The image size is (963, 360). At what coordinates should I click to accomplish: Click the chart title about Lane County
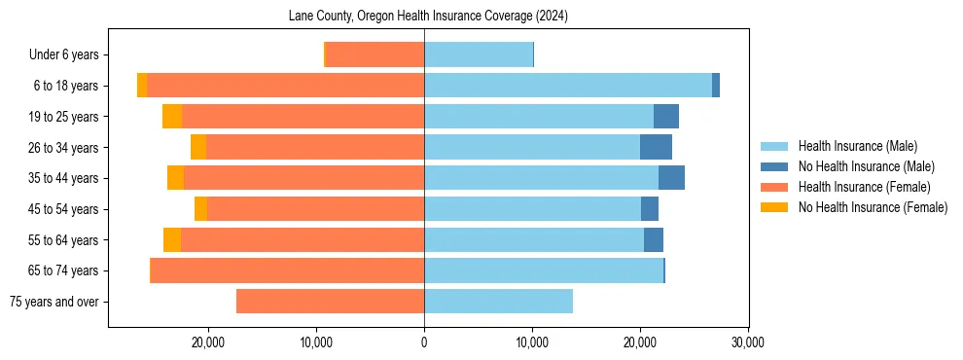tap(428, 17)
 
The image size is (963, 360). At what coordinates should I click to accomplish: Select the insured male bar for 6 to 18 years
tap(568, 86)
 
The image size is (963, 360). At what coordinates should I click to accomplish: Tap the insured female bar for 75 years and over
tap(331, 302)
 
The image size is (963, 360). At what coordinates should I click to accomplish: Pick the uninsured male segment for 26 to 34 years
tap(656, 147)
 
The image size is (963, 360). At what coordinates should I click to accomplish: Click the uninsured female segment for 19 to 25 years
tap(172, 117)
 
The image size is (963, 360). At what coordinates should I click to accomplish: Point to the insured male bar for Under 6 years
tap(479, 54)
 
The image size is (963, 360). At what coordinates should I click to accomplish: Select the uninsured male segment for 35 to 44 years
tap(671, 178)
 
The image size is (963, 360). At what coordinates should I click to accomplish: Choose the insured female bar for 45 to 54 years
tap(316, 209)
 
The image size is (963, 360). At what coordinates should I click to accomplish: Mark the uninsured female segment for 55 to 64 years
tap(172, 239)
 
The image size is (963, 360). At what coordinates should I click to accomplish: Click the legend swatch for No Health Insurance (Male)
tap(774, 166)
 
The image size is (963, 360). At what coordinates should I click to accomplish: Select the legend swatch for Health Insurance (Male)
tap(774, 146)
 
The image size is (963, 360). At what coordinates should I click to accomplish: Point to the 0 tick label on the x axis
tap(424, 342)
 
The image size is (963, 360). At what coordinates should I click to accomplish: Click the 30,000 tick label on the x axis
tap(747, 342)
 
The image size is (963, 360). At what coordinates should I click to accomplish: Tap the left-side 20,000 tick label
tap(208, 342)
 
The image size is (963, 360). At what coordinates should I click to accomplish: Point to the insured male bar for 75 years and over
tap(498, 302)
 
